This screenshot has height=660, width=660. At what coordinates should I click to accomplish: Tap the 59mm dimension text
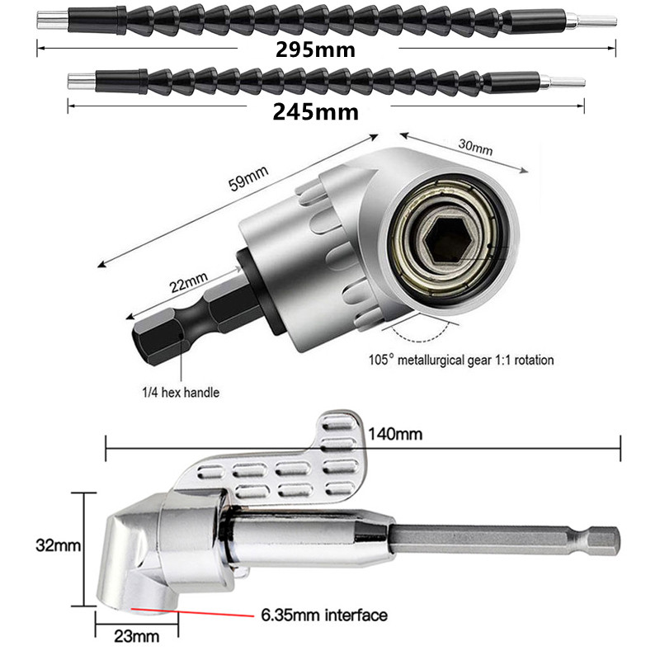249,177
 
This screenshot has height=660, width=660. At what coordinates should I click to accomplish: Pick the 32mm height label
55,545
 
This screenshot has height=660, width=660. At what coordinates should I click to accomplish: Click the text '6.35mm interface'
323,615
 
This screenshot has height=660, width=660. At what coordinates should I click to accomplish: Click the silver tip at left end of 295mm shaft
51,21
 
